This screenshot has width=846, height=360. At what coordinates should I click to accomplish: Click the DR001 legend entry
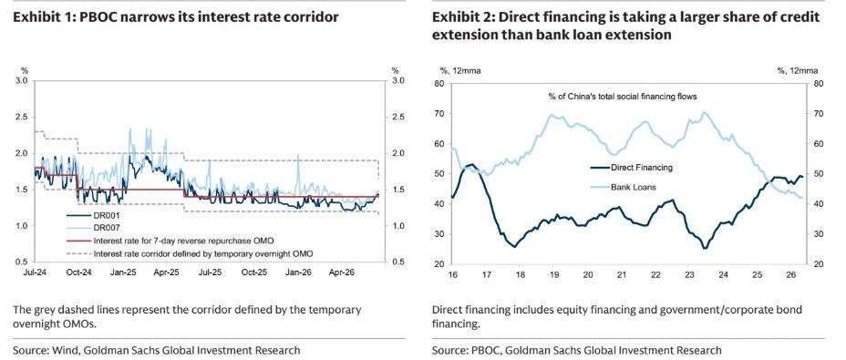click(x=105, y=215)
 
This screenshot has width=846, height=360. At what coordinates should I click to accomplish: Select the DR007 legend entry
click(x=105, y=228)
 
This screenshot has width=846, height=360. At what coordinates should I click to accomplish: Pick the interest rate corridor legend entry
click(x=203, y=252)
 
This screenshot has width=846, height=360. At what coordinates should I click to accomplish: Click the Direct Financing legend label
click(x=642, y=168)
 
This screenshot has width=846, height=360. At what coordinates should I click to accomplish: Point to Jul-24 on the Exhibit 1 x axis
click(x=35, y=273)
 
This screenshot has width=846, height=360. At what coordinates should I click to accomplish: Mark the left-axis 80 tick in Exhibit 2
click(x=439, y=84)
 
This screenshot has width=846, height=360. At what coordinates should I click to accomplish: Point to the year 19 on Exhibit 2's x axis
click(x=554, y=274)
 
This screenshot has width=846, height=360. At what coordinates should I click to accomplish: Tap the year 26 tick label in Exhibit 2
click(x=790, y=274)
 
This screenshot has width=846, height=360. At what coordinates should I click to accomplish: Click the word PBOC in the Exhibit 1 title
click(x=98, y=17)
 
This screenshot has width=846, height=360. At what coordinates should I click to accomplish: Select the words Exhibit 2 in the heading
click(x=461, y=17)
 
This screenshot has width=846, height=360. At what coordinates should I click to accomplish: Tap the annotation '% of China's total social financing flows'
click(x=622, y=97)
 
